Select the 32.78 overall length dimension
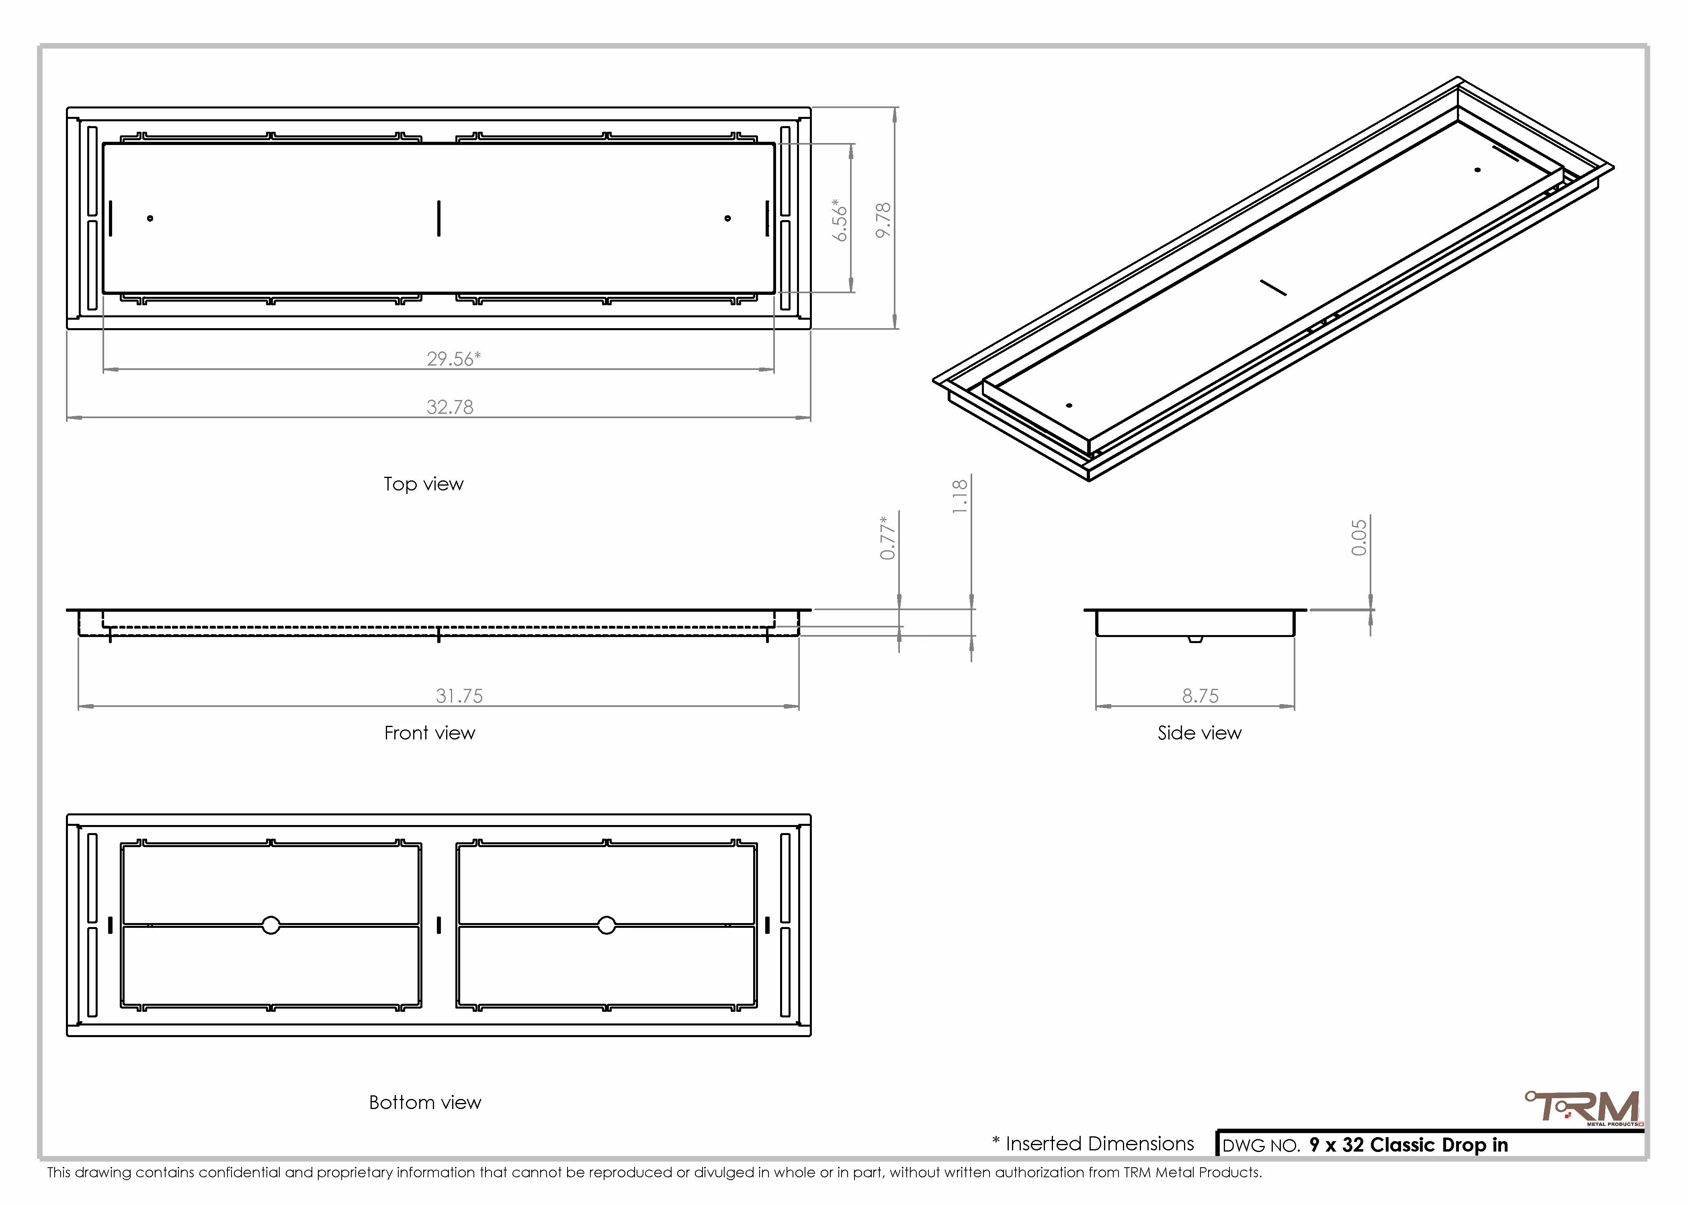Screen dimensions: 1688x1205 click(450, 406)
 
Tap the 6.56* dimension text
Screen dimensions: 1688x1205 click(840, 220)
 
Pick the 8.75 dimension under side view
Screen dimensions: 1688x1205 click(1200, 696)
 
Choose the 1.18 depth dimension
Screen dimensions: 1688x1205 click(960, 496)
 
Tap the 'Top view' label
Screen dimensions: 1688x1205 click(423, 484)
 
